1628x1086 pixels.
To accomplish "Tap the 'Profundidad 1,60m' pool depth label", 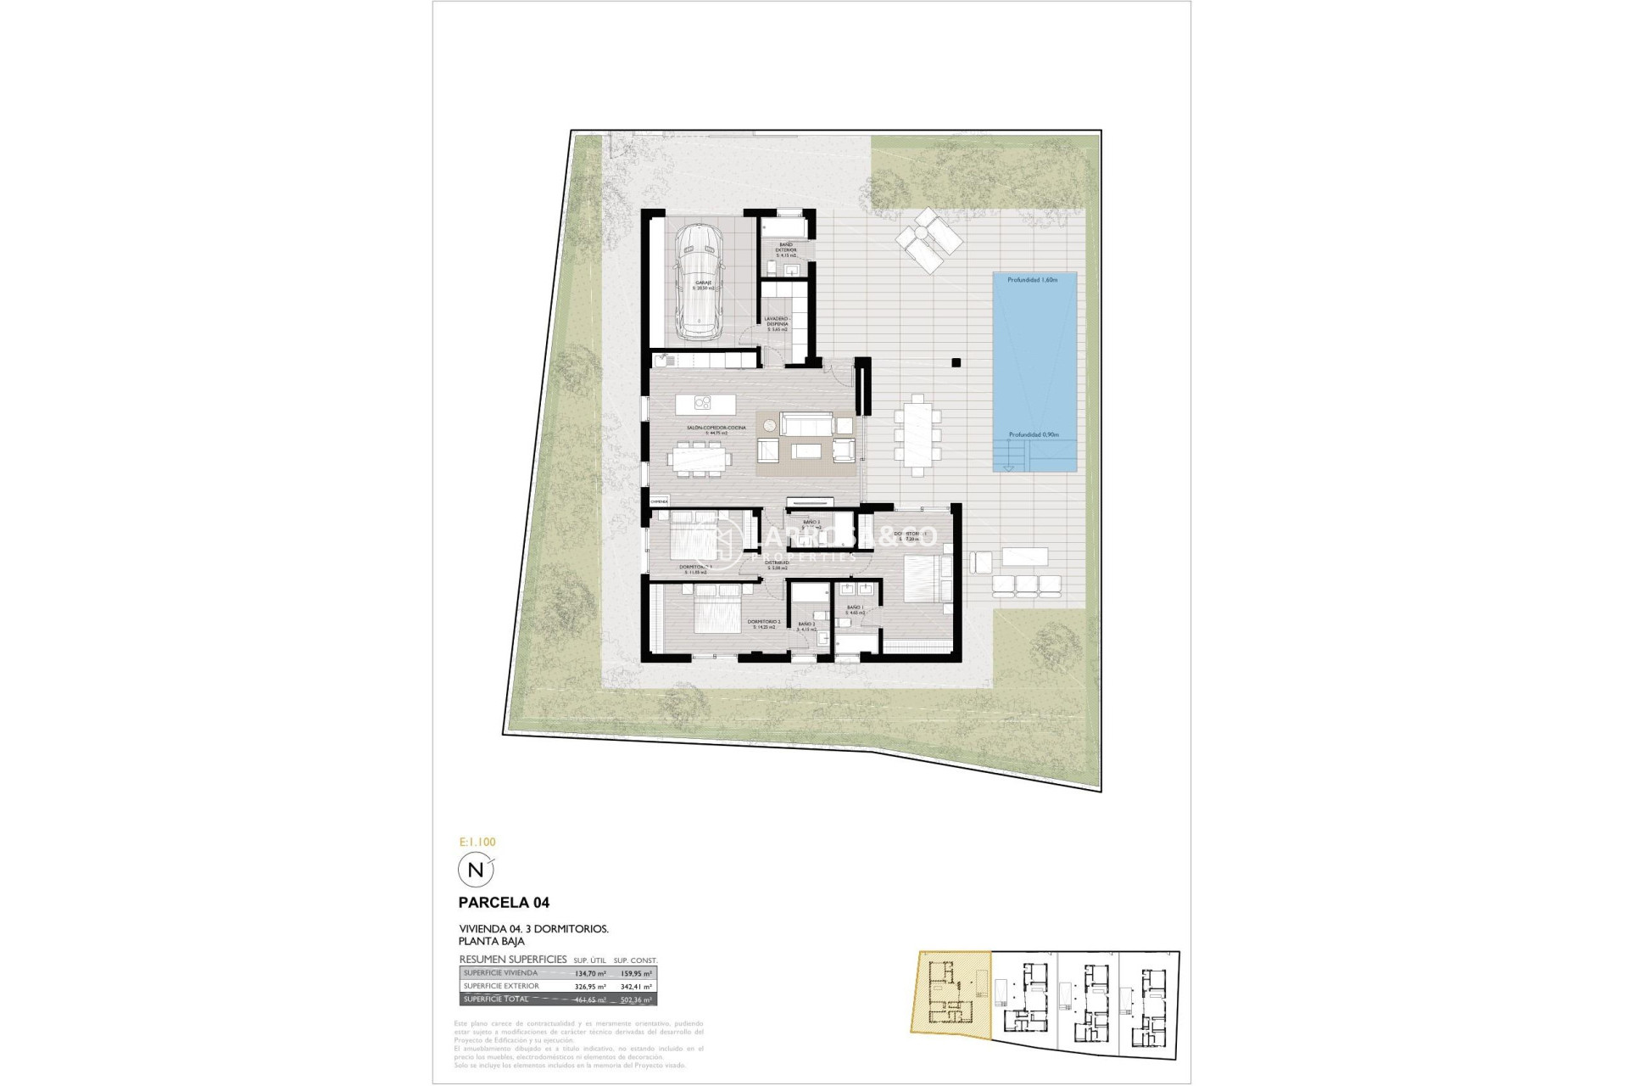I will tap(1033, 280).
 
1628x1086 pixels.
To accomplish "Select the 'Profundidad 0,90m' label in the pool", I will tap(1033, 435).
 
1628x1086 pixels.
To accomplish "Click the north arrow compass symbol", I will tap(476, 870).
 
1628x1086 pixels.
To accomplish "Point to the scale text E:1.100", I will tap(477, 842).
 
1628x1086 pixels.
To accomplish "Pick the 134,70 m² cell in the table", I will tap(590, 974).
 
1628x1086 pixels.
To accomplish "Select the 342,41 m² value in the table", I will tap(636, 987).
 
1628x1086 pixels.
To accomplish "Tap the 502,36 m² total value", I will tap(636, 999).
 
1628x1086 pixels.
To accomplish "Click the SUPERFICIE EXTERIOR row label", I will tap(501, 987).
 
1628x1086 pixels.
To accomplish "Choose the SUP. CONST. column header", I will tap(635, 960).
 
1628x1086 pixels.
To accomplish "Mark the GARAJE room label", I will tap(703, 283).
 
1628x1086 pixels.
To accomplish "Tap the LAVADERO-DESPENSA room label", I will tap(777, 322).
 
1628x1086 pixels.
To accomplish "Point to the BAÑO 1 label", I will tap(854, 607).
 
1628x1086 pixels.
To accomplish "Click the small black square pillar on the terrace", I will tap(956, 363).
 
